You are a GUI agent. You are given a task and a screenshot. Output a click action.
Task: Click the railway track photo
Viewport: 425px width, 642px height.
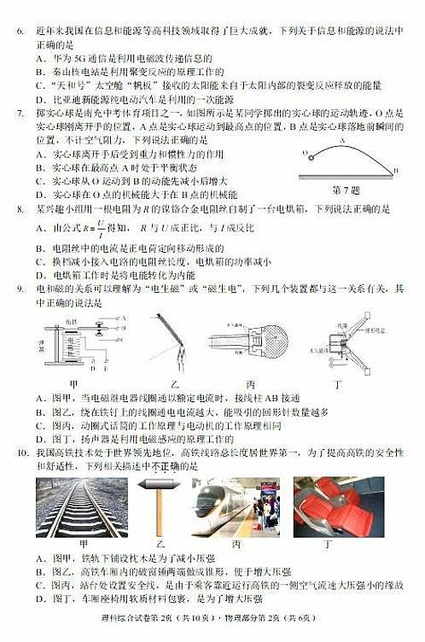pos(81,507)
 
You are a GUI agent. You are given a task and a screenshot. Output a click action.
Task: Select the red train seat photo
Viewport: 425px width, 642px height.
pos(338,506)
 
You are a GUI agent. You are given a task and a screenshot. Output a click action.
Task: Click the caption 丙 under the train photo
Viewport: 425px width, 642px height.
pos(235,544)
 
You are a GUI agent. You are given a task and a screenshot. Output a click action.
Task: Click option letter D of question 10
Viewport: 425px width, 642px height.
pos(40,598)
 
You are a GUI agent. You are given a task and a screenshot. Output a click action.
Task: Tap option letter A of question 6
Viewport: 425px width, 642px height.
pos(40,57)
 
